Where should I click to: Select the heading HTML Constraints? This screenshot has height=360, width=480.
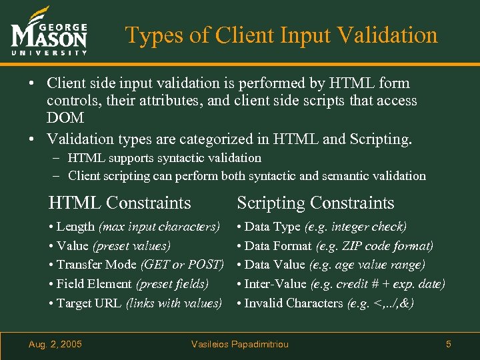[120, 203]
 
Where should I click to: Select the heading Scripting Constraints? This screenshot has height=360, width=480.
[315, 203]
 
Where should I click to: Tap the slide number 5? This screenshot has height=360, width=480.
[449, 344]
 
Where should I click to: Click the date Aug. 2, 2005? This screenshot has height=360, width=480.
[55, 344]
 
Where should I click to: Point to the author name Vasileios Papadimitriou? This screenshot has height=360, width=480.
[240, 344]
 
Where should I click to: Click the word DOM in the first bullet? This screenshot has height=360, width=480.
[65, 118]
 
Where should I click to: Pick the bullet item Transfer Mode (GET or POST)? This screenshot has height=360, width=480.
[136, 265]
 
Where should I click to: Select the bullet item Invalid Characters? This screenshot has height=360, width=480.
[293, 303]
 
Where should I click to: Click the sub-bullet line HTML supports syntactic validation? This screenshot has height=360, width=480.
[164, 158]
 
